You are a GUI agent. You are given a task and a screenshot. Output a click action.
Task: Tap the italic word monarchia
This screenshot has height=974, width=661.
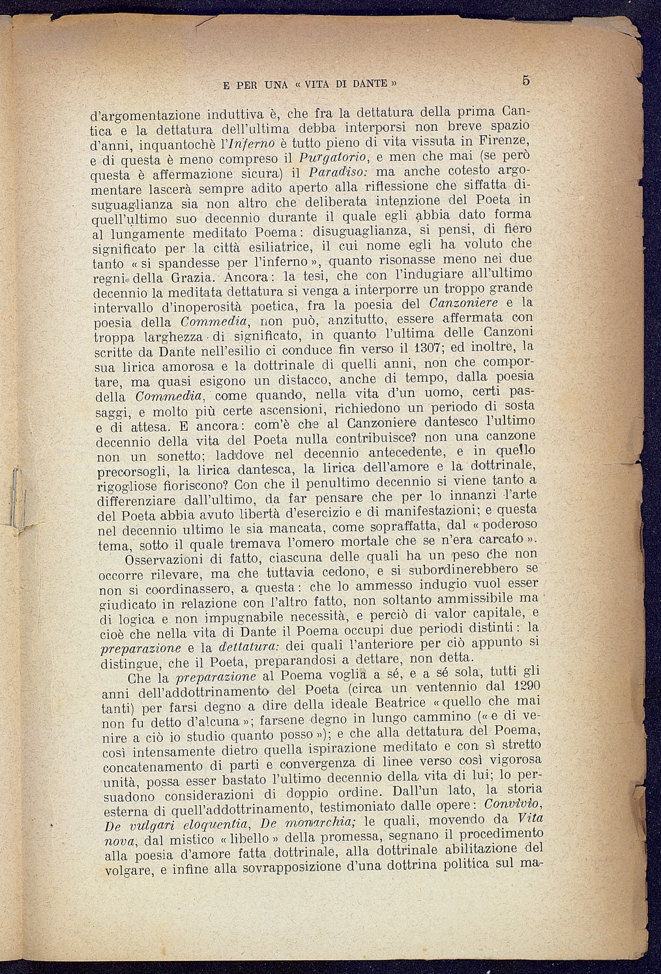tap(315, 823)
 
